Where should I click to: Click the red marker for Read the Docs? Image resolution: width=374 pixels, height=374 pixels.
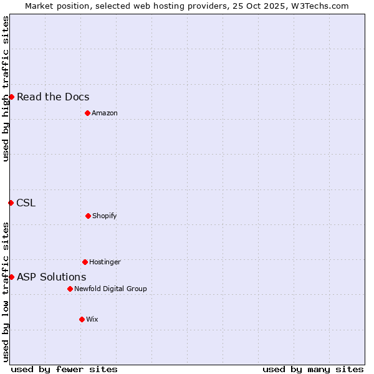[11, 97]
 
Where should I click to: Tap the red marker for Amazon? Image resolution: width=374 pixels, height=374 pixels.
[87, 113]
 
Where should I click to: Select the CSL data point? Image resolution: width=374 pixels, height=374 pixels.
[11, 203]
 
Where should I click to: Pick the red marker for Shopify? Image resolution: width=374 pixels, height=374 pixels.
[88, 216]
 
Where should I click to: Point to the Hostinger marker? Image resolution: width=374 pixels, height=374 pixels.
[85, 262]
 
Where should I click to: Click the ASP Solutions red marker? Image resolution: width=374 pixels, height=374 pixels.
[11, 277]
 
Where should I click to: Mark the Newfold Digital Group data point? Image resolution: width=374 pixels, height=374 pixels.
[70, 289]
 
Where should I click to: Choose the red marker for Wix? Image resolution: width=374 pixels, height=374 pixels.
[82, 319]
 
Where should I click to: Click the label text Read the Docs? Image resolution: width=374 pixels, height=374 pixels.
[53, 97]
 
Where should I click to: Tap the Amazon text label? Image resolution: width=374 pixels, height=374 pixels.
[105, 113]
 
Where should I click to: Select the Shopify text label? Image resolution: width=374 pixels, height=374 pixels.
[105, 216]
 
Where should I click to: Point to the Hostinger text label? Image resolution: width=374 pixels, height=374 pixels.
[105, 262]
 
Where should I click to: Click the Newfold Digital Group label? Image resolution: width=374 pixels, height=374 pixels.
[110, 289]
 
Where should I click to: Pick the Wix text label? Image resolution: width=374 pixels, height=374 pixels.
[92, 319]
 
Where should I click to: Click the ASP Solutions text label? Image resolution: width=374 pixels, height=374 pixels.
[51, 277]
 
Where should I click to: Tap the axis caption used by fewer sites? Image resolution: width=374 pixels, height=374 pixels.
[64, 369]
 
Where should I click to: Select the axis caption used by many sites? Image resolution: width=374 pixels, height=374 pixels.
[313, 369]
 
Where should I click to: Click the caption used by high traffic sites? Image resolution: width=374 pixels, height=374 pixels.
[6, 89]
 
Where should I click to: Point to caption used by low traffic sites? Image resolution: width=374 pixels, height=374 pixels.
[6, 292]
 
